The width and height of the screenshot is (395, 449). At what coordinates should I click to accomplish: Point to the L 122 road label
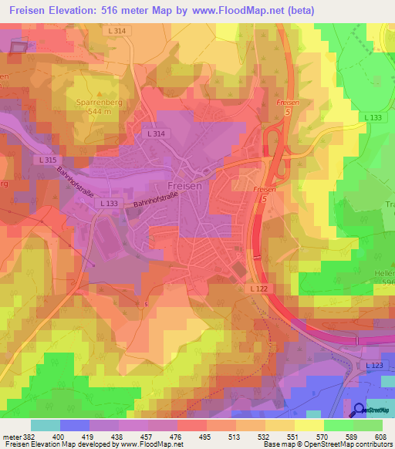[258, 288]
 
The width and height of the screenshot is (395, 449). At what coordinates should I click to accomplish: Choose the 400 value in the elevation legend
[57, 437]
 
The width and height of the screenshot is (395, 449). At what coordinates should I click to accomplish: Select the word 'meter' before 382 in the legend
[12, 437]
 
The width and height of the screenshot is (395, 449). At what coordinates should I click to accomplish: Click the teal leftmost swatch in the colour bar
[45, 425]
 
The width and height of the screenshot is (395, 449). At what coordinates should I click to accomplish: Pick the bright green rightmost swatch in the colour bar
[368, 425]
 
